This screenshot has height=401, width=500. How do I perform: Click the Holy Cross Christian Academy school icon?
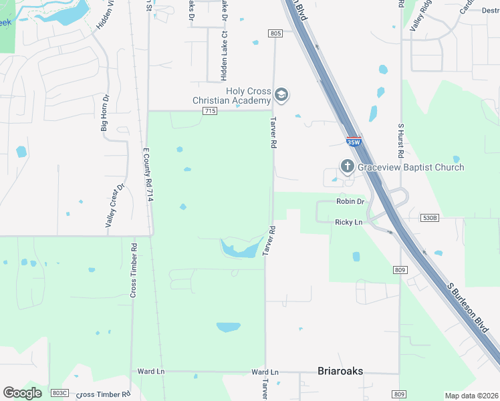[281, 95]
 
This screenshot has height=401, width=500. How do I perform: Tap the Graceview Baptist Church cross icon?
[347, 166]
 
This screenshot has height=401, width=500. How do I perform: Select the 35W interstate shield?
[354, 142]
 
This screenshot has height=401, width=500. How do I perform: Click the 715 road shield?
[209, 111]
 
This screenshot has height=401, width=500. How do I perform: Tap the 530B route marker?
[430, 218]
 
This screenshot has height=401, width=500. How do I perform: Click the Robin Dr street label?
[350, 201]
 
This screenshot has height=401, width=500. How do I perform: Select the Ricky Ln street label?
[348, 221]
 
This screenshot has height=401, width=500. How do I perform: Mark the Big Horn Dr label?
[104, 112]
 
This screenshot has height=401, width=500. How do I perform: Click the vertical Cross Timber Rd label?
[134, 269]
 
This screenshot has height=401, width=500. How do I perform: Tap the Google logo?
[22, 393]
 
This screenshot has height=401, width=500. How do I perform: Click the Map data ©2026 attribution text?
[471, 396]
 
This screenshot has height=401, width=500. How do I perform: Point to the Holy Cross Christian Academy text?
[231, 96]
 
